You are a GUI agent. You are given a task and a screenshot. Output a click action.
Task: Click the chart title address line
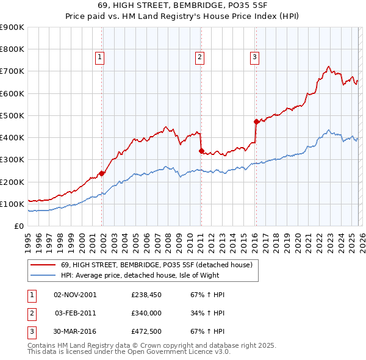[x=183, y=5]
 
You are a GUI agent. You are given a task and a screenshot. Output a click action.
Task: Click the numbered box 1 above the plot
[x=99, y=57]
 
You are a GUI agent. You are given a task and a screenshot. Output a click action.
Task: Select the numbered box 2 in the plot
[x=199, y=57]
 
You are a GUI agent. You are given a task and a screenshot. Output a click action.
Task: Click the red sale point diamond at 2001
[x=102, y=173]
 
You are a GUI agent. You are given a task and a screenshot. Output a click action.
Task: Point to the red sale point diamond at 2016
[x=257, y=122]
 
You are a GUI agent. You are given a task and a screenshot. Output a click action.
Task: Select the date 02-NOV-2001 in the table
[x=75, y=295]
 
